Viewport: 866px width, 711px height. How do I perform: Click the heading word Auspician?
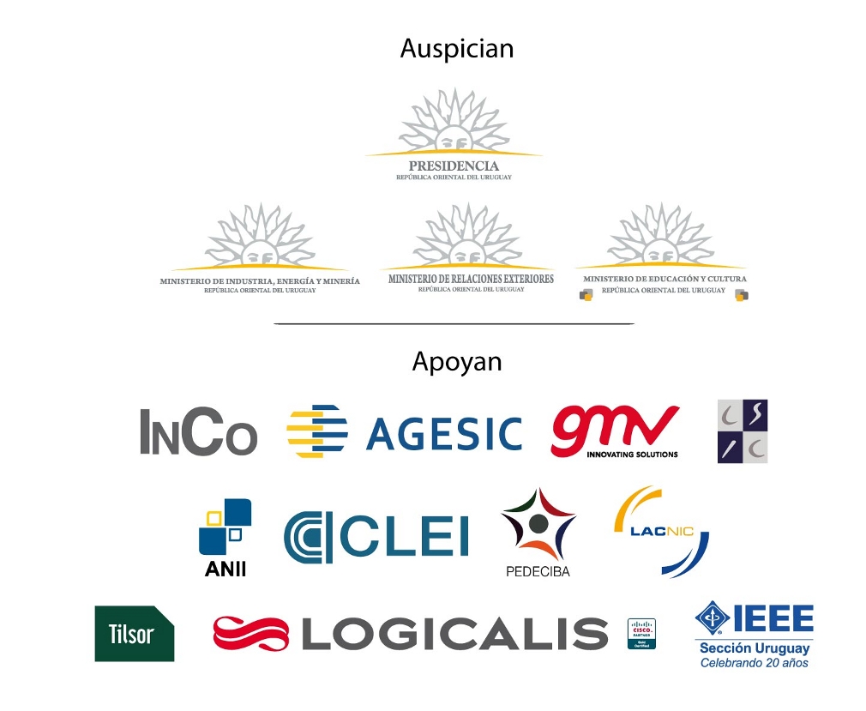point(456,48)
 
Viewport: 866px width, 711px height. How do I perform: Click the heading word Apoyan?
point(456,362)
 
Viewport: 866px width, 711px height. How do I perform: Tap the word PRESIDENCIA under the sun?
point(454,166)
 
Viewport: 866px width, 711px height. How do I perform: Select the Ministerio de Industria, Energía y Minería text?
point(260,281)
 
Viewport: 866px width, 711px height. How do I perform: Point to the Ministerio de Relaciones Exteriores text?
point(471,279)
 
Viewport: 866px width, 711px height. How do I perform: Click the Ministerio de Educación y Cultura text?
point(665,279)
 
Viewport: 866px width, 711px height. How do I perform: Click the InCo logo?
point(198,431)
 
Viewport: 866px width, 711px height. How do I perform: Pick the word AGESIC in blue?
point(443,434)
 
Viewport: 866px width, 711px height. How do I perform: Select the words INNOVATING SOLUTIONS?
point(632,454)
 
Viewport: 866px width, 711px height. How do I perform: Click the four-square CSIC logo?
point(743,431)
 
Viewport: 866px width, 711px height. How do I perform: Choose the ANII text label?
point(226,568)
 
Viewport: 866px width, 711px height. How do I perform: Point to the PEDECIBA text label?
point(538,571)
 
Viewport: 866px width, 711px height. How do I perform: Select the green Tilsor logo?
point(134,634)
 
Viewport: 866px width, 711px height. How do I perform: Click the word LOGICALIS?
point(454,633)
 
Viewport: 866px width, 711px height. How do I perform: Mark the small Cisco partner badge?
point(641,633)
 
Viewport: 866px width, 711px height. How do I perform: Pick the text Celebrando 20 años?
point(754,662)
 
